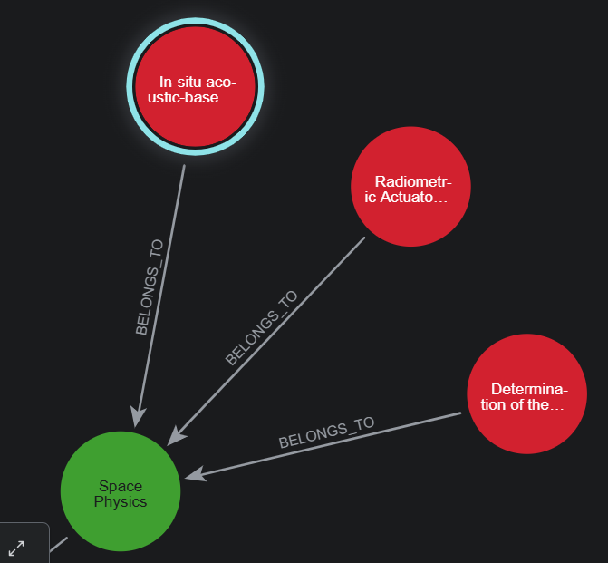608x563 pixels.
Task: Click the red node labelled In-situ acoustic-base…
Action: click(194, 88)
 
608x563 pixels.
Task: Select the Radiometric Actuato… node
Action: click(410, 186)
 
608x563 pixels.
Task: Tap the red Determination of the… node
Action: click(526, 394)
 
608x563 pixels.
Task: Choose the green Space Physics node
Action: click(121, 491)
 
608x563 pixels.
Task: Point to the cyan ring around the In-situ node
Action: click(194, 25)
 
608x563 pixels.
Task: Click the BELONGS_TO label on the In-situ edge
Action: click(149, 287)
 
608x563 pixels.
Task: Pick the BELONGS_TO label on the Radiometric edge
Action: click(261, 328)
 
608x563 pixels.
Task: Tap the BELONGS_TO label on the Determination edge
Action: click(326, 433)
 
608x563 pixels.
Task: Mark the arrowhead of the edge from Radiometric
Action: click(176, 436)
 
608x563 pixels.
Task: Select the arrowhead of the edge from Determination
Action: click(193, 474)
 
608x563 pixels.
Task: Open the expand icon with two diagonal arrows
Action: click(17, 547)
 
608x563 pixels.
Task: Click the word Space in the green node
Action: click(121, 486)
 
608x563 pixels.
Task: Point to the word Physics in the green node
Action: click(121, 501)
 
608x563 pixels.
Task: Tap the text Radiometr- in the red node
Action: click(413, 180)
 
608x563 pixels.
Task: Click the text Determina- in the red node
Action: click(529, 389)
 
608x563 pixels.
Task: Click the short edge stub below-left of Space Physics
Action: click(58, 544)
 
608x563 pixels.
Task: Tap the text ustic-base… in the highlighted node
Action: click(190, 97)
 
